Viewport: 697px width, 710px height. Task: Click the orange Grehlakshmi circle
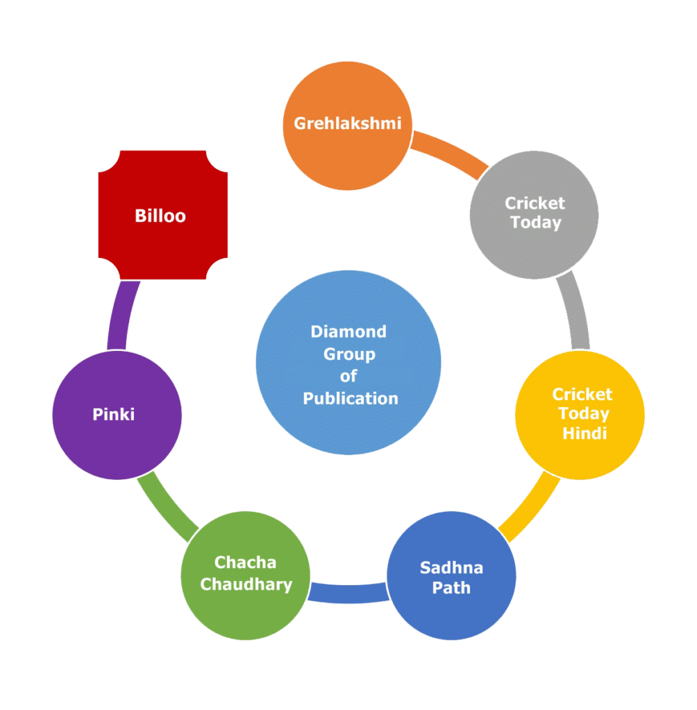(x=347, y=125)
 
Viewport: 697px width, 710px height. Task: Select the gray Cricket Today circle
(x=534, y=214)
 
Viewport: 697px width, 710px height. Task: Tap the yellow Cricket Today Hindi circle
(x=580, y=415)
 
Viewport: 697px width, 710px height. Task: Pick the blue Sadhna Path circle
(x=451, y=576)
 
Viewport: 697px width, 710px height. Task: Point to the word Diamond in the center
(x=348, y=331)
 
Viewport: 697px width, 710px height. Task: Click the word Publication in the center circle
(x=350, y=399)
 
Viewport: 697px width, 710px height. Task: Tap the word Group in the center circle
(x=349, y=354)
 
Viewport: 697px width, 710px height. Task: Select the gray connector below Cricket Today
(x=576, y=312)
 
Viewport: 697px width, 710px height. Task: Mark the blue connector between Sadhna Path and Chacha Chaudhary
(x=348, y=593)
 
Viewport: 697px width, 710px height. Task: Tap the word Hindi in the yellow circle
(x=585, y=433)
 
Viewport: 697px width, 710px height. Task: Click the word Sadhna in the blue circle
(x=451, y=568)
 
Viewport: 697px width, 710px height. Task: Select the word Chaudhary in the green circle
(x=246, y=585)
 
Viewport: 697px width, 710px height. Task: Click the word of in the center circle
(x=348, y=376)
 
